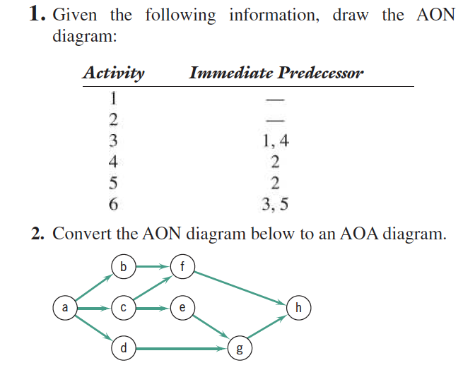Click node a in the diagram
pyautogui.click(x=65, y=308)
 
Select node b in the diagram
pyautogui.click(x=124, y=267)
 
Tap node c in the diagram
pyautogui.click(x=124, y=308)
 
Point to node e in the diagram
pyautogui.click(x=183, y=308)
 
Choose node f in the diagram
pyautogui.click(x=183, y=267)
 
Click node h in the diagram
pyautogui.click(x=300, y=308)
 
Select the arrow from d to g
pyautogui.click(x=183, y=347)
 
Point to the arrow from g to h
pyautogui.click(x=271, y=328)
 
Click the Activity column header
pyautogui.click(x=113, y=73)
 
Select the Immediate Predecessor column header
pyautogui.click(x=276, y=73)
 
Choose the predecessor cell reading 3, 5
pyautogui.click(x=275, y=205)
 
